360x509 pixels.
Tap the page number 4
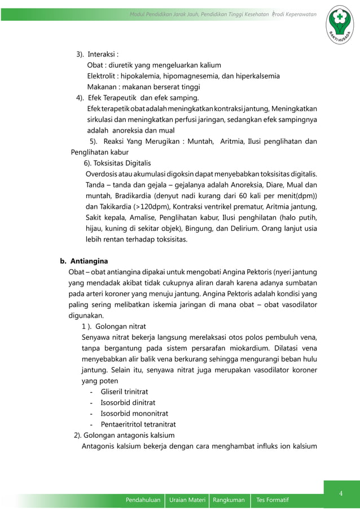[x=341, y=494]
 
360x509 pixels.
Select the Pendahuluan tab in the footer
[x=143, y=500]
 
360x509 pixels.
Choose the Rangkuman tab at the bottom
[x=229, y=500]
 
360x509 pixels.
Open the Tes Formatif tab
[x=273, y=500]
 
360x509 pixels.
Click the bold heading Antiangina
[x=89, y=261]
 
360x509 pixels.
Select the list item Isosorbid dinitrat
[x=126, y=402]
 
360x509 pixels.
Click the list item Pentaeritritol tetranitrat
[x=138, y=424]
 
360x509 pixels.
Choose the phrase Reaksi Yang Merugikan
[x=143, y=141]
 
